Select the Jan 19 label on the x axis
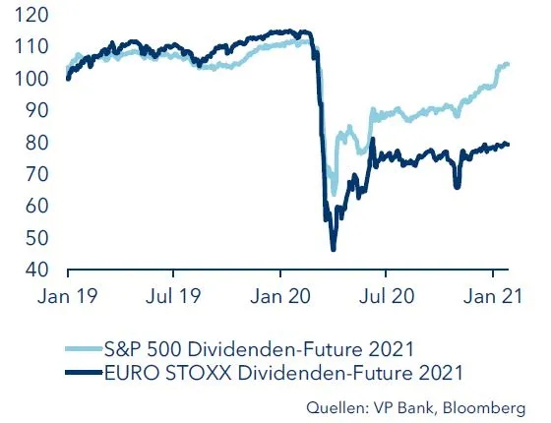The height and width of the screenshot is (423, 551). [x=67, y=293]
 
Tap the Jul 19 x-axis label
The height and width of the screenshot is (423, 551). [x=173, y=293]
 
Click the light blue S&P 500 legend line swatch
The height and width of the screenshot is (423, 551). [x=82, y=345]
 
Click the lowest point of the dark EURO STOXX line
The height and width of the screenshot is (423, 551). [x=334, y=250]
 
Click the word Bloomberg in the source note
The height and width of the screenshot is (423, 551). [x=494, y=405]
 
